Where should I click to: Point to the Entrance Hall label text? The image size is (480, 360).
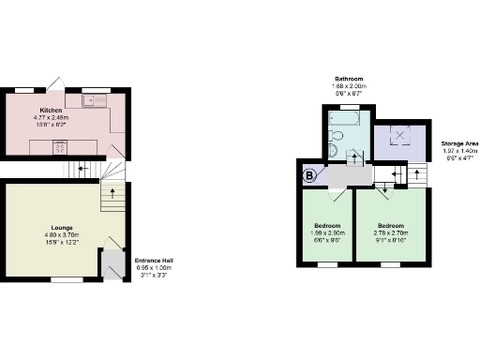coord(153,260)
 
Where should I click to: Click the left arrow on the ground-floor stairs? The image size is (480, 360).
coord(82,170)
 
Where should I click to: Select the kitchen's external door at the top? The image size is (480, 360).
coord(57,85)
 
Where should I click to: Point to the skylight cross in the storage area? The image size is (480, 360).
coord(403,137)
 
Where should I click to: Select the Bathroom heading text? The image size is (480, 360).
coord(350,79)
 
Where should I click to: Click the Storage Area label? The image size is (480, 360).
coord(459,143)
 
